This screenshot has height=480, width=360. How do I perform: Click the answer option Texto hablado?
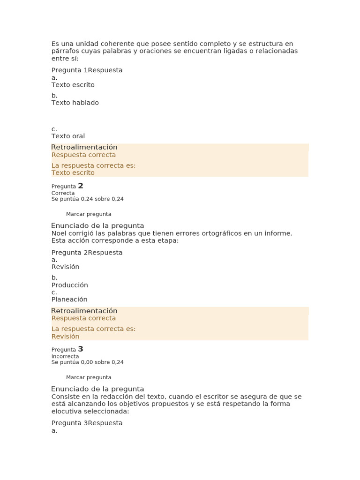[x=75, y=103]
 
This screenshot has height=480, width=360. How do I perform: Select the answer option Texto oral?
[x=68, y=136]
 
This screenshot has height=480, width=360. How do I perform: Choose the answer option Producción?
[x=69, y=285]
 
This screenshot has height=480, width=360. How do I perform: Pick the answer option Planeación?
[x=69, y=300]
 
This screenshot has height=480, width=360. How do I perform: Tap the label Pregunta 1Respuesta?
[x=87, y=70]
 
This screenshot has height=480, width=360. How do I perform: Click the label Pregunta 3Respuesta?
[x=87, y=423]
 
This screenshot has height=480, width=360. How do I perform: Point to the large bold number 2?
[x=81, y=186]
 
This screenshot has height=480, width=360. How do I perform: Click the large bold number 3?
[x=81, y=349]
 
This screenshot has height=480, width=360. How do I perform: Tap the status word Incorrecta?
[x=65, y=356]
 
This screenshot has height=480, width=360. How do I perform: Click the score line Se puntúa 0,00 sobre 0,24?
[x=87, y=362]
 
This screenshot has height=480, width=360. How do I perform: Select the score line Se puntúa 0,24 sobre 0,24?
[x=87, y=199]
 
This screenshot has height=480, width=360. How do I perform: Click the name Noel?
[x=60, y=233]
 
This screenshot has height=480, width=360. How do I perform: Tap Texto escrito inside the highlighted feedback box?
[x=73, y=173]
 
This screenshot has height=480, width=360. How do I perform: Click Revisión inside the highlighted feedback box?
[x=65, y=337]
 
